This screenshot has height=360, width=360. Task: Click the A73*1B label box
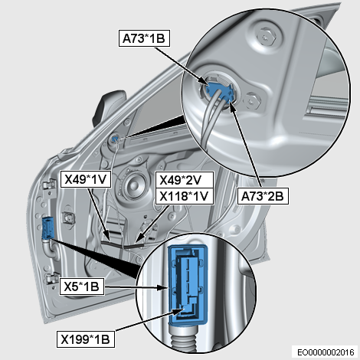[x=144, y=38]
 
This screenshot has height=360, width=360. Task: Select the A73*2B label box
[x=263, y=196]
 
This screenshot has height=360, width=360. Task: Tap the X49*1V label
[x=86, y=179]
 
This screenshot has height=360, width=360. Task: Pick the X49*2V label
[x=185, y=180]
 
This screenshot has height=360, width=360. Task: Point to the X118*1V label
[x=185, y=196]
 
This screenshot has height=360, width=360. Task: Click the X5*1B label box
[x=82, y=286]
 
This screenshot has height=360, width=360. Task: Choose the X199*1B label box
[x=86, y=339]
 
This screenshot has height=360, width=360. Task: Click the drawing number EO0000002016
[x=326, y=352]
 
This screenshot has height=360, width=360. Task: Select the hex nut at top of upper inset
[x=267, y=38]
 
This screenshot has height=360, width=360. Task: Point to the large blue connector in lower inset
[x=188, y=285]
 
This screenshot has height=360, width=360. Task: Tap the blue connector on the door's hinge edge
[x=47, y=228]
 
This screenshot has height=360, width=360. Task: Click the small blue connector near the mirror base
[x=115, y=139]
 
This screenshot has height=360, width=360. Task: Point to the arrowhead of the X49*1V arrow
[x=107, y=236]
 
